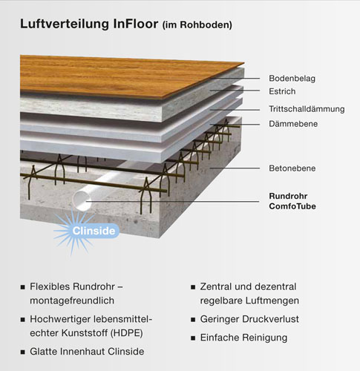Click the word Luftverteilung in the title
coord(65,24)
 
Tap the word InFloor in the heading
coord(136,24)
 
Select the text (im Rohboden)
coord(197,25)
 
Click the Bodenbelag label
coord(292,79)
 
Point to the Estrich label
coord(282,91)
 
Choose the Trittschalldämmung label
coord(307,109)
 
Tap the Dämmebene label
coord(293,124)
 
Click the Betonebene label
coord(292,168)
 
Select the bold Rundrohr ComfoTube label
coord(292,201)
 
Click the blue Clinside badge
coord(94,231)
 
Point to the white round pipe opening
coord(82,201)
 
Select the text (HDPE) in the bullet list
coord(126,333)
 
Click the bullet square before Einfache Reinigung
coord(193,338)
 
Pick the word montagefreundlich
coord(72,301)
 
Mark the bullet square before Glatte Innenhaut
coord(23,352)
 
